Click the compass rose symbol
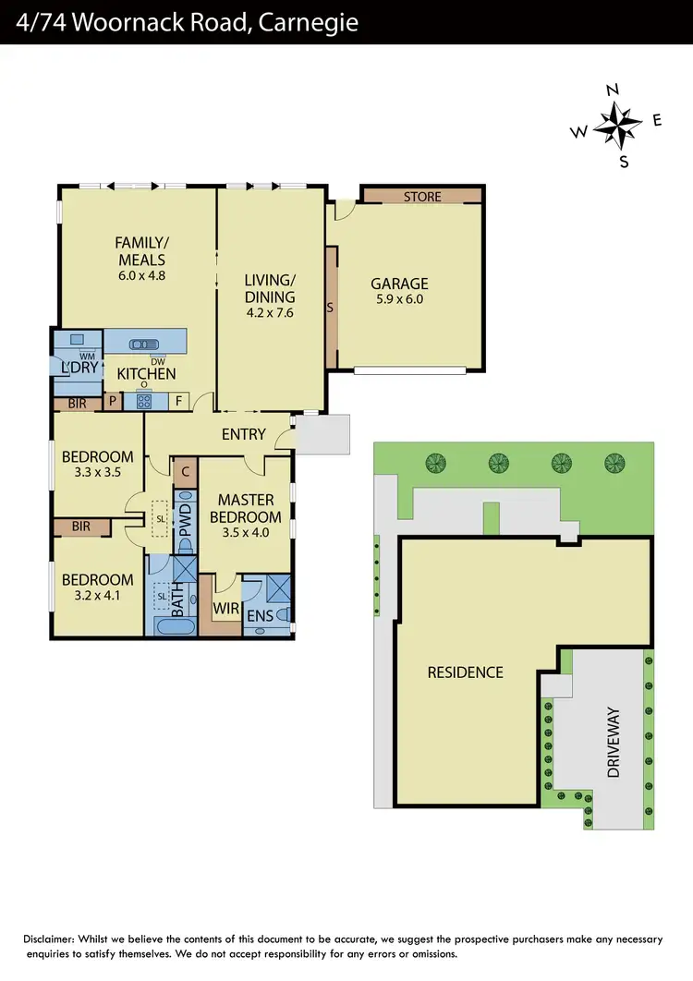pos(617,124)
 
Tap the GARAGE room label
pos(399,285)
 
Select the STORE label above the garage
pos(422,197)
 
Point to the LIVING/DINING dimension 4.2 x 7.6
pos(270,313)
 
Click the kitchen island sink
pos(144,345)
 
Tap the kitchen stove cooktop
pos(145,401)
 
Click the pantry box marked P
pos(113,401)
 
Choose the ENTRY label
pos(244,434)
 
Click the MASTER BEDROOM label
pos(245,509)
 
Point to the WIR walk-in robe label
pos(226,609)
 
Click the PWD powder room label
pos(184,521)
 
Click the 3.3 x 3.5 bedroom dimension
pos(97,472)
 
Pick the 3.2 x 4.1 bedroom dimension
pos(97,596)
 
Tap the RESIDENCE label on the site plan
pos(465,672)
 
